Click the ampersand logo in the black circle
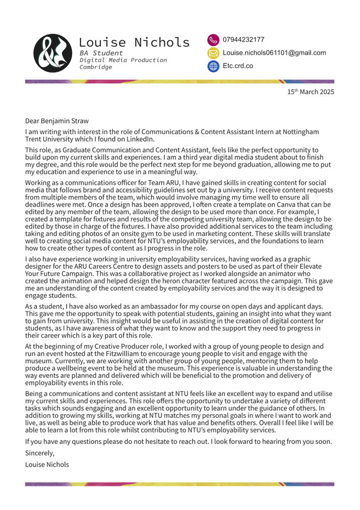tap(53, 53)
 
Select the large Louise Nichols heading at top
tap(134, 42)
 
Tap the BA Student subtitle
tap(101, 53)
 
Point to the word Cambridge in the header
tap(96, 67)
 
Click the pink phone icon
tap(213, 40)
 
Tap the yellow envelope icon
tap(213, 53)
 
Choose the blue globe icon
tap(213, 66)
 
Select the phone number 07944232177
tap(244, 40)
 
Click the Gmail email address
tap(274, 53)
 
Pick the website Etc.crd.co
tap(238, 66)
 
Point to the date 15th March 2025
tap(311, 92)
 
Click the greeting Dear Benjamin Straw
tap(57, 121)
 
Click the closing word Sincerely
tap(39, 453)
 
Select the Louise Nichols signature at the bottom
tap(47, 464)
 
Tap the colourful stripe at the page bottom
tap(179, 484)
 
